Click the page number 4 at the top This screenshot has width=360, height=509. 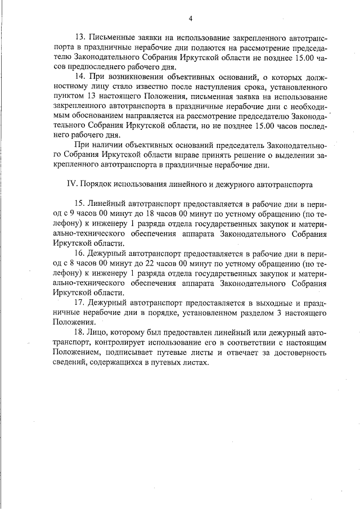click(x=191, y=19)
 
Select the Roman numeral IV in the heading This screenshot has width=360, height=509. click(x=71, y=184)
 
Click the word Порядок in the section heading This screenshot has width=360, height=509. click(x=97, y=184)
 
